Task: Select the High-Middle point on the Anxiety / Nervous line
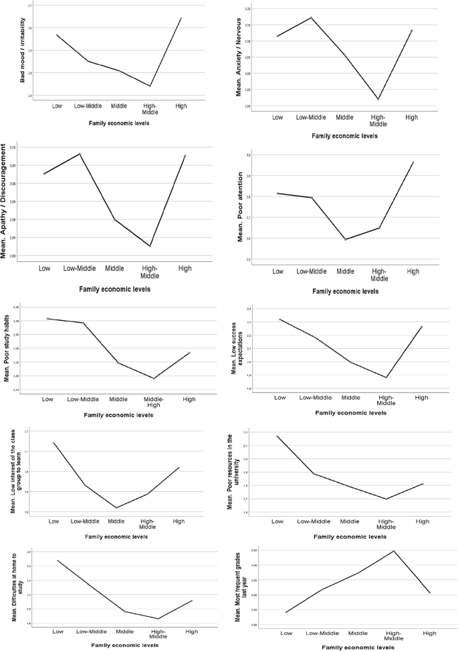click(378, 99)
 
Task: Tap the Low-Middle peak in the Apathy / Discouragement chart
click(80, 154)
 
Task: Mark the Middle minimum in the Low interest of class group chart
click(116, 508)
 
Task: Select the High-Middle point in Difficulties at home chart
click(158, 618)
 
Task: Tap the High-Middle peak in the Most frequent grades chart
click(394, 551)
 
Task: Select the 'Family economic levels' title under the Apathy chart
click(114, 289)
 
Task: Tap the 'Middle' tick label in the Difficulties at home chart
click(124, 631)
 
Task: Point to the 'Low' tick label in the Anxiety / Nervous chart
click(277, 117)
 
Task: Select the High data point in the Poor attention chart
click(413, 162)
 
